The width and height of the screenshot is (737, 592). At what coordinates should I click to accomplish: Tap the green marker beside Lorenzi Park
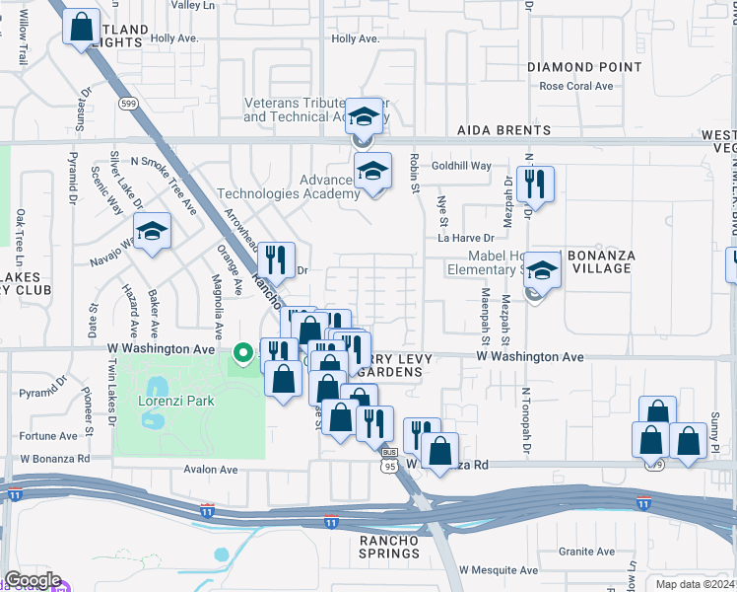(x=242, y=352)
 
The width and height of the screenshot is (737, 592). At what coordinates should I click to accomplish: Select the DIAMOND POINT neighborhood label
(x=584, y=67)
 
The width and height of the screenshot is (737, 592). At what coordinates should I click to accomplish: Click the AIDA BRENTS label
(x=503, y=130)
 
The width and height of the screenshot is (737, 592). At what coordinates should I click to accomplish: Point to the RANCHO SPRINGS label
(x=389, y=547)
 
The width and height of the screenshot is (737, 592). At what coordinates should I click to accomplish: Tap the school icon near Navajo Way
(x=152, y=234)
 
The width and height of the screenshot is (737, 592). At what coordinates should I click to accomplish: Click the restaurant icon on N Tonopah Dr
(x=535, y=183)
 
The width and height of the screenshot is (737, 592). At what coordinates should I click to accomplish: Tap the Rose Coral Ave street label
(x=576, y=86)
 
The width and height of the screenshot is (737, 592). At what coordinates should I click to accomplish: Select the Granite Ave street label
(x=586, y=552)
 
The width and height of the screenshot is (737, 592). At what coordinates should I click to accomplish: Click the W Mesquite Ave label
(x=502, y=570)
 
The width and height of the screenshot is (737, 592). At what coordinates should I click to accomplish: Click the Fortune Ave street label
(x=48, y=435)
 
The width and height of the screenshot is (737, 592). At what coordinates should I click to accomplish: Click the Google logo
(x=33, y=580)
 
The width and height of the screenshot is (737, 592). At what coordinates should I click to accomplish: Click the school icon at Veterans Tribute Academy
(x=364, y=115)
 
